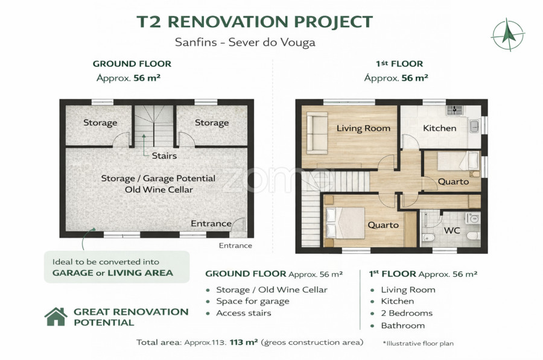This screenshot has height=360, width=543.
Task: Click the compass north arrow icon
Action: tap(507, 34)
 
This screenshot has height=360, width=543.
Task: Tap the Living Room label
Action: tap(363, 128)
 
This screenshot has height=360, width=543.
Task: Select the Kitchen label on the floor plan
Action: tap(439, 128)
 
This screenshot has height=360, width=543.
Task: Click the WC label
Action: tap(452, 230)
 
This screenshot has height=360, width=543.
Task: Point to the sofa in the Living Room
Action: tap(317, 133)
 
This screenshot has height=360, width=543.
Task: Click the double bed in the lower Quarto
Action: tap(345, 223)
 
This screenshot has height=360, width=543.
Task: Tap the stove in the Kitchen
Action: tap(454, 110)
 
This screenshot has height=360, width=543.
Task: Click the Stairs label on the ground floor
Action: tap(164, 156)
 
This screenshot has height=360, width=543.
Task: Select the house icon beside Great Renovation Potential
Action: tap(56, 317)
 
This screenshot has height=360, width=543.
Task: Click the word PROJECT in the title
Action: tap(333, 22)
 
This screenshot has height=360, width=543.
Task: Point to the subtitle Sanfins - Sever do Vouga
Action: tap(245, 42)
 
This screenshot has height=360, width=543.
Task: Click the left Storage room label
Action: tap(100, 123)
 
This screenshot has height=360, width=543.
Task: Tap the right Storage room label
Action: tap(212, 123)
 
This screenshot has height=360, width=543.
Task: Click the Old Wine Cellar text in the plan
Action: tap(159, 190)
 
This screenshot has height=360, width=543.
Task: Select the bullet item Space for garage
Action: tap(252, 302)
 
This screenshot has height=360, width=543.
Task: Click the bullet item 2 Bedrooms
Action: tap(407, 314)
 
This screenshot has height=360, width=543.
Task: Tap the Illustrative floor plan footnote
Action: tap(418, 343)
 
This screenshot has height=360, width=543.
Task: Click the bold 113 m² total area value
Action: tap(244, 343)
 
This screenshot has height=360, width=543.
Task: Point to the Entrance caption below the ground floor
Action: tap(235, 246)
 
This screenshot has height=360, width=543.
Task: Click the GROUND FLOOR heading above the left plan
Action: tap(132, 64)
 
